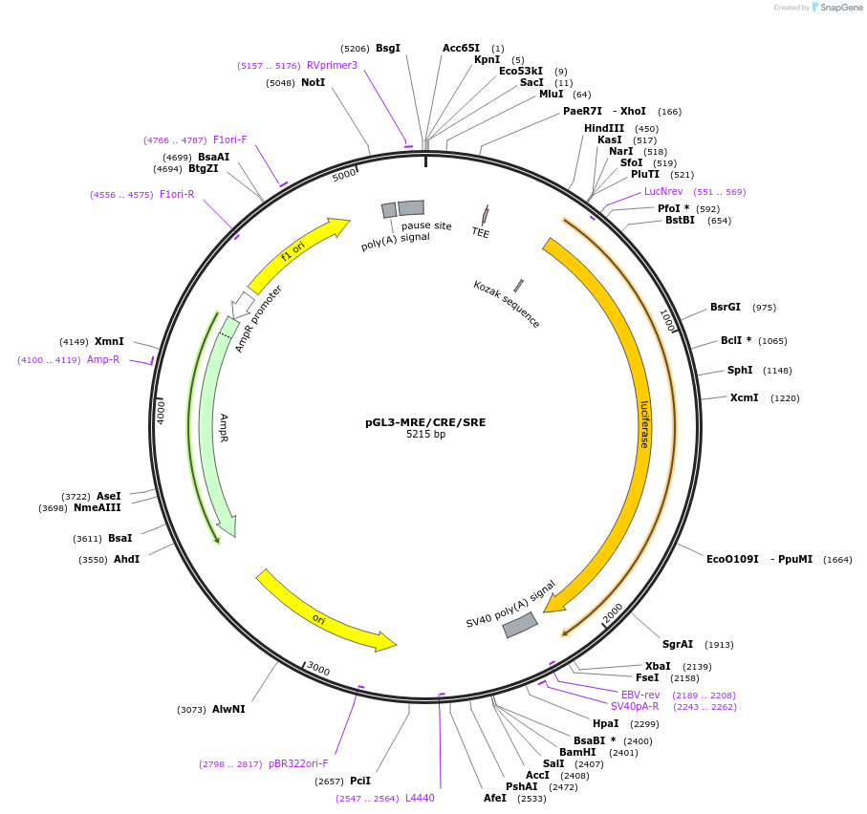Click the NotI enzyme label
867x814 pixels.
pos(313,83)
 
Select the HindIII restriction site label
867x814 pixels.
pos(604,129)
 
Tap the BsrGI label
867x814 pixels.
pos(725,308)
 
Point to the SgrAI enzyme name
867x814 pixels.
pos(678,645)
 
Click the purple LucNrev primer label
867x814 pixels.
pos(663,192)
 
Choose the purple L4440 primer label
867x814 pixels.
pos(420,799)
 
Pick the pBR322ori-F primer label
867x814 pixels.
pos(298,764)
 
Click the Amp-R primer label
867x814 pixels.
pos(103,360)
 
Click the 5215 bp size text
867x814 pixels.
pos(425,435)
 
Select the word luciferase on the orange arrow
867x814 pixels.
pos(644,424)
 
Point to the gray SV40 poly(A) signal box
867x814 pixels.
pos(520,625)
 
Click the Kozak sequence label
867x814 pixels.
pos(507,304)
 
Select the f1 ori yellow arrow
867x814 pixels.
pos(296,252)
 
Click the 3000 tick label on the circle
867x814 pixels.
pos(318,669)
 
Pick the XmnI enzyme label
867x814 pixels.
pos(109,342)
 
